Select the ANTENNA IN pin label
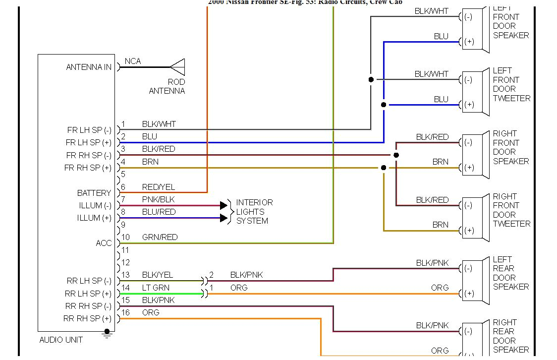[x=89, y=67]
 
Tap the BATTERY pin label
[x=94, y=193]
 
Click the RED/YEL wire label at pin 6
[x=159, y=187]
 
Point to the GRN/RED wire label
[x=160, y=237]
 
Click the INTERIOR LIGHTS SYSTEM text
[x=254, y=212]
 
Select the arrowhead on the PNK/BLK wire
[x=223, y=205]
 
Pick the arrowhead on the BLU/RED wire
[x=223, y=218]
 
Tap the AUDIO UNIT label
[x=61, y=340]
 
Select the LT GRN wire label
[x=156, y=288]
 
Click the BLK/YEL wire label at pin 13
[x=158, y=275]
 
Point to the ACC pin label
[x=104, y=243]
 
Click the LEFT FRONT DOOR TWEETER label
[x=511, y=85]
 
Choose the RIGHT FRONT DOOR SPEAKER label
[x=510, y=147]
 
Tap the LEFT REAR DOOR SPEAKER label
[x=510, y=273]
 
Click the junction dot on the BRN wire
[x=384, y=168]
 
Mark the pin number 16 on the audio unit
[x=126, y=312]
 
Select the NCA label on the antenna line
[x=133, y=61]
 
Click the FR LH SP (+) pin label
[x=89, y=143]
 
